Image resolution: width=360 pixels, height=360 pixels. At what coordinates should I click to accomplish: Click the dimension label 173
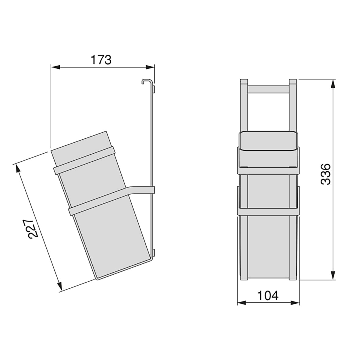click(x=101, y=60)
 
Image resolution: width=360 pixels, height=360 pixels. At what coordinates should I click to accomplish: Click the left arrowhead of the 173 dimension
click(x=55, y=67)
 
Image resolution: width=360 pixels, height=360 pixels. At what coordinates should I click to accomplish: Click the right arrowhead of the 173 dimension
click(x=150, y=67)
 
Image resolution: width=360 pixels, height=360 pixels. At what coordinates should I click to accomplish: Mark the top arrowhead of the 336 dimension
click(x=333, y=84)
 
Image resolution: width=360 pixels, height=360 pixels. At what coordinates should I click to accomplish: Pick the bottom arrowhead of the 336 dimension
click(x=333, y=275)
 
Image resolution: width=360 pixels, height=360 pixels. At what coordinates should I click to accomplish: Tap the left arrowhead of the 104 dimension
click(x=241, y=303)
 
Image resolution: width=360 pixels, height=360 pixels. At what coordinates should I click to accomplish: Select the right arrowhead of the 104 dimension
click(x=295, y=303)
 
